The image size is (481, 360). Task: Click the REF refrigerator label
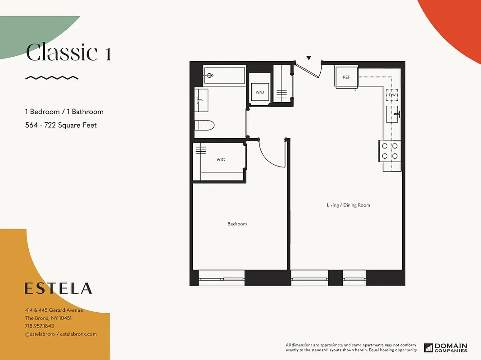click(346, 77)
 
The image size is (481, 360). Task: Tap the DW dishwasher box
click(392, 95)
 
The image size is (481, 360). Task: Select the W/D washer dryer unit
click(260, 92)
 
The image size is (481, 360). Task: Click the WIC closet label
click(220, 159)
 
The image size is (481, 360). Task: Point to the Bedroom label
click(237, 224)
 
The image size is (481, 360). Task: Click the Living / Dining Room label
click(348, 205)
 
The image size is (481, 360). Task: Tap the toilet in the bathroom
click(204, 125)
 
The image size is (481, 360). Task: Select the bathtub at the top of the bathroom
click(224, 75)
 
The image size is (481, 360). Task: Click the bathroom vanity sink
click(201, 100)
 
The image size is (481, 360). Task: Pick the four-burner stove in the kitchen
click(390, 151)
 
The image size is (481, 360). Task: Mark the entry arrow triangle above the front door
click(309, 58)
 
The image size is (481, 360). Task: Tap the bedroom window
click(221, 278)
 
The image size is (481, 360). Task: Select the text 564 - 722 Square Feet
click(61, 125)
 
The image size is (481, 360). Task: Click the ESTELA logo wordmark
click(59, 288)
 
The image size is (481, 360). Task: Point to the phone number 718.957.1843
click(39, 326)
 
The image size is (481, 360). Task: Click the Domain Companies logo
click(445, 347)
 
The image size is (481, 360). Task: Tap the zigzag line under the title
click(52, 78)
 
